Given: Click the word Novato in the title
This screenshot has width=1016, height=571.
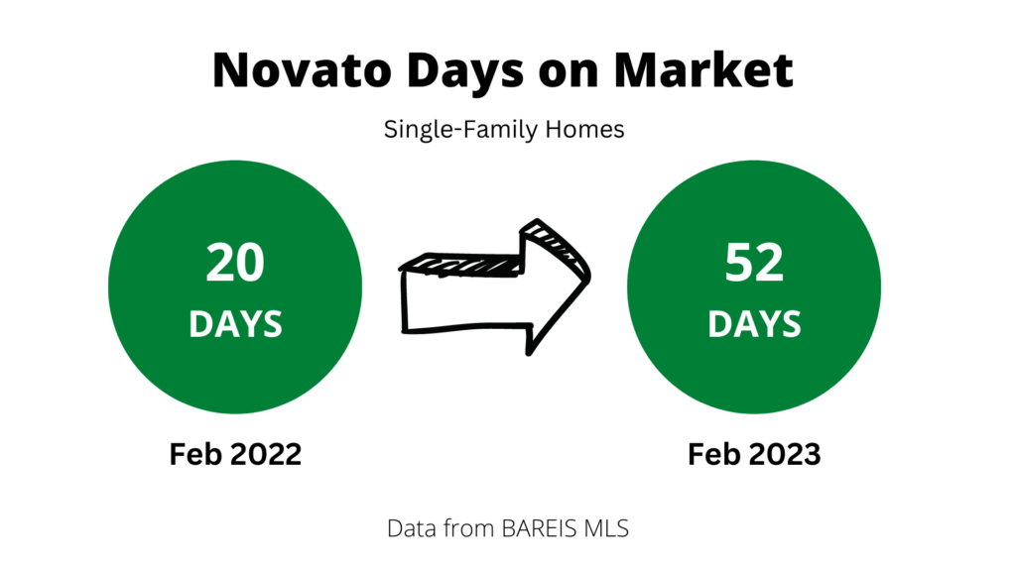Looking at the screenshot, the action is point(302,69).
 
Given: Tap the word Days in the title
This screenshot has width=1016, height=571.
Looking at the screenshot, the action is point(464,71).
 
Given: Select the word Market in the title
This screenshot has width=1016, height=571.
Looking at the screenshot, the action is point(703,69).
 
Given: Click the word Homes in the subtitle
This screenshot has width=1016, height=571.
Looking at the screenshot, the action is point(584,129).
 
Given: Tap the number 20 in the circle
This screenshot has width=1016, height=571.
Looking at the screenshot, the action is point(235,262).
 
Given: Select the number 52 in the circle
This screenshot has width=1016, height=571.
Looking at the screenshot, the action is point(754,262).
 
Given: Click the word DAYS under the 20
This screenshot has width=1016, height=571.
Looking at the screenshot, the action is point(236,324).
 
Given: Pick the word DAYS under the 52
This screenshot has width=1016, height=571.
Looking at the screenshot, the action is point(754,324).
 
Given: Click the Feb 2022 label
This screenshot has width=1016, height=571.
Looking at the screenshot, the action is point(235,454).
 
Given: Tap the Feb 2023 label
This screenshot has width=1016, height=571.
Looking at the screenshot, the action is point(754,454).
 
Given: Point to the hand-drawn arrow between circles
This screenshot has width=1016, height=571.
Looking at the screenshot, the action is point(494,287).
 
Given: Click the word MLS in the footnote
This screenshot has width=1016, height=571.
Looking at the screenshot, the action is point(606,528).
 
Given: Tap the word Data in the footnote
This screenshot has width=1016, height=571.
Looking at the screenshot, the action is point(409,528).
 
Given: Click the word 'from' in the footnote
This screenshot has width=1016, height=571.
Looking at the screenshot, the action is point(466,528).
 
